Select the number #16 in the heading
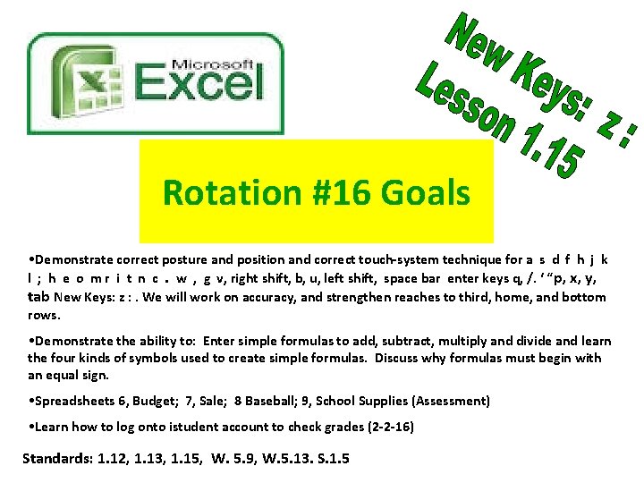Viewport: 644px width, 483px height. coord(341,192)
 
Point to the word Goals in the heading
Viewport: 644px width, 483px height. coord(426,192)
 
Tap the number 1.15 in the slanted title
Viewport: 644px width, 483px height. coord(541,152)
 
